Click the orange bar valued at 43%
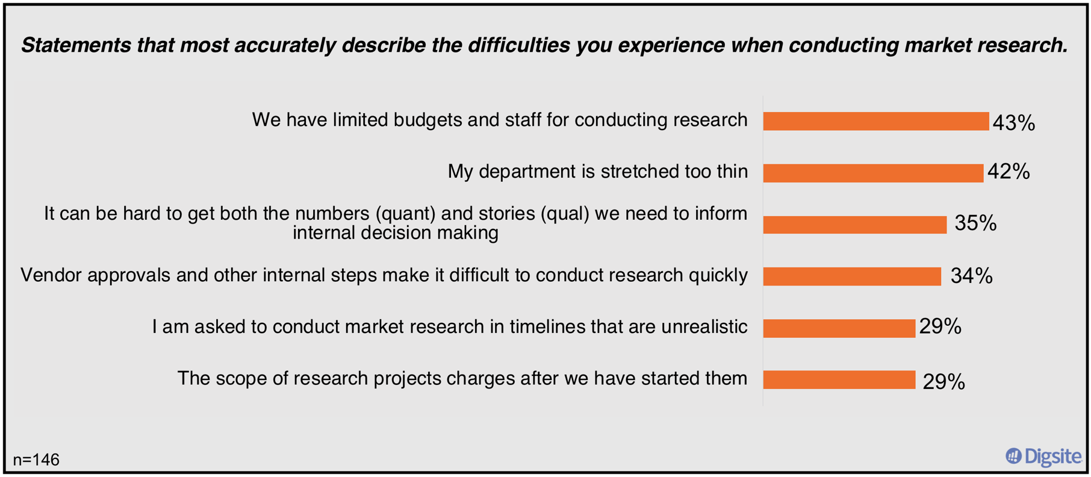875,121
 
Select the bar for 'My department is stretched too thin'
872,173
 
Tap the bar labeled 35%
854,225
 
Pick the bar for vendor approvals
851,276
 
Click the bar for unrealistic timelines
839,328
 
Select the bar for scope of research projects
839,380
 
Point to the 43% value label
1013,123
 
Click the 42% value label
1009,172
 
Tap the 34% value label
971,276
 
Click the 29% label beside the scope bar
943,382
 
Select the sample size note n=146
36,460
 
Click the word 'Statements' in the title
76,45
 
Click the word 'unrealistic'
704,327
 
